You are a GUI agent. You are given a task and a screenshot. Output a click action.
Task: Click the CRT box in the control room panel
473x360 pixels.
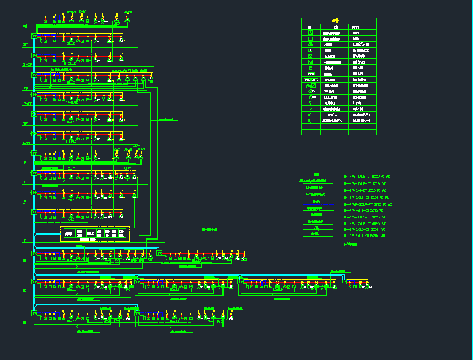[91, 233]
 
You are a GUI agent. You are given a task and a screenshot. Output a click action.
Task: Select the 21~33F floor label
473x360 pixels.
[26, 65]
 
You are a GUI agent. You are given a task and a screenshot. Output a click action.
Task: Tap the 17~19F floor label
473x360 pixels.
[26, 104]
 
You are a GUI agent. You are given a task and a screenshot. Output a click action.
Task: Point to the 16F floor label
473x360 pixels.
[25, 124]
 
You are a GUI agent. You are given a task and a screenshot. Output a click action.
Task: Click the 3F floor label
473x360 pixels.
[24, 182]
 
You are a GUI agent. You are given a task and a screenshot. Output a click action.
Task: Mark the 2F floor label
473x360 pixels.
[24, 202]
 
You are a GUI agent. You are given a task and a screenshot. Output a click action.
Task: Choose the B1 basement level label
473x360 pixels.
[25, 261]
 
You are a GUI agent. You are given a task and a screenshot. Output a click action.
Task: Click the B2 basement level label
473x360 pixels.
[25, 291]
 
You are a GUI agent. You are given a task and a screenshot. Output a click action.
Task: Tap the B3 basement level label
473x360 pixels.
[25, 323]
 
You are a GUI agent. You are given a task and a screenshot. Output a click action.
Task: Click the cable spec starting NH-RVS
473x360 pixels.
[366, 177]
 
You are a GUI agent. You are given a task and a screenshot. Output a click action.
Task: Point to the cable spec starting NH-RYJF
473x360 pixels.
[367, 204]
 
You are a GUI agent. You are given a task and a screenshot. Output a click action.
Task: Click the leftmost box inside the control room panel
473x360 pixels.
[69, 233]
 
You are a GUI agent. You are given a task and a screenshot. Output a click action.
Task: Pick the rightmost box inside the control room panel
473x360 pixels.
[122, 233]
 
